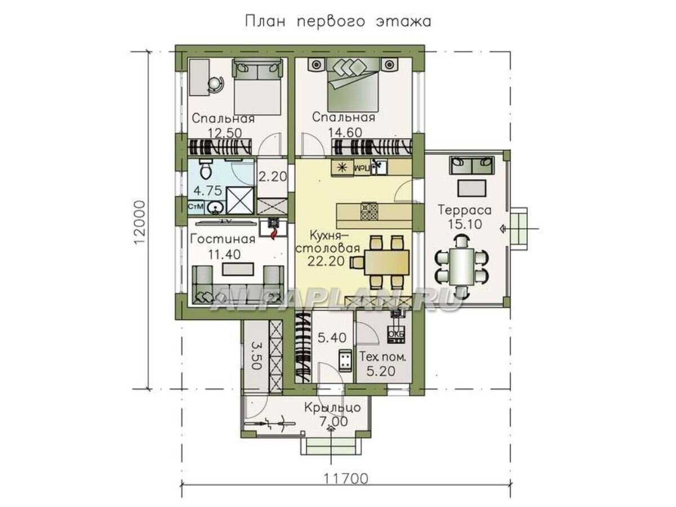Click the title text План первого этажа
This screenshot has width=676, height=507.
point(337,21)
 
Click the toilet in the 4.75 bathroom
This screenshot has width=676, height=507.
point(206,169)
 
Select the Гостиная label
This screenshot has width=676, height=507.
point(223,239)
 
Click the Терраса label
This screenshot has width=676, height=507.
point(465,210)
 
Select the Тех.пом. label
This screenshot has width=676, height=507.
point(383,357)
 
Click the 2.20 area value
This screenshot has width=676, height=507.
point(273,176)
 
